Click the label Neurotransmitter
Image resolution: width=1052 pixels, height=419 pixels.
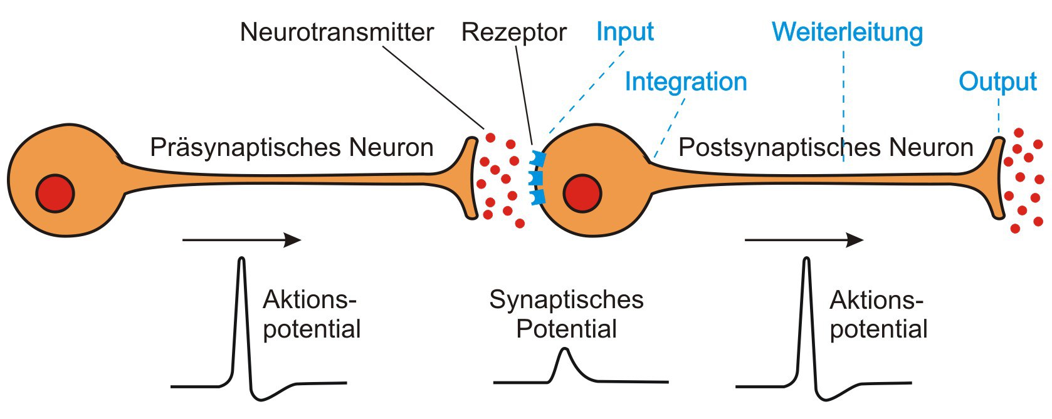pos(337,33)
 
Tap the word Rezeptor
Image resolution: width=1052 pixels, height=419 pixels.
pos(513,33)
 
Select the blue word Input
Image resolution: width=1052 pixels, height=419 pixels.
pos(624,31)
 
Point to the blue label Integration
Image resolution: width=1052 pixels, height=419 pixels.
pos(685,82)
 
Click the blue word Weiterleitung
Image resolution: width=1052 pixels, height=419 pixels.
pos(847,32)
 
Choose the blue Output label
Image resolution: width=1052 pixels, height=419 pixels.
pos(997,82)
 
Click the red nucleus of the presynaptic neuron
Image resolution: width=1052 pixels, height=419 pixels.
pos(55,194)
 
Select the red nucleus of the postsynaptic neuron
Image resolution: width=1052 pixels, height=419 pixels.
pos(582,194)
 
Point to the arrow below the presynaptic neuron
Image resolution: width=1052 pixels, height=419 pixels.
pos(241,240)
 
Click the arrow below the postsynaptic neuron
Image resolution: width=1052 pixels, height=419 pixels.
pos(804,240)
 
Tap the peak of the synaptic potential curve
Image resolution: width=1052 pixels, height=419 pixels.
pos(565,350)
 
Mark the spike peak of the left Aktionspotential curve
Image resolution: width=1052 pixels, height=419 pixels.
pos(241,261)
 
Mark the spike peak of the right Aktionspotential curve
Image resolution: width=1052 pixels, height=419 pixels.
pos(806,261)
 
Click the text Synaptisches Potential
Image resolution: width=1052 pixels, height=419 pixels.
pos(566,314)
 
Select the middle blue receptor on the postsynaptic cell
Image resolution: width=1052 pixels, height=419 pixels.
pos(537,178)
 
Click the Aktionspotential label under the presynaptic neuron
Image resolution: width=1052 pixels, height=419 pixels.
pos(311,314)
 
